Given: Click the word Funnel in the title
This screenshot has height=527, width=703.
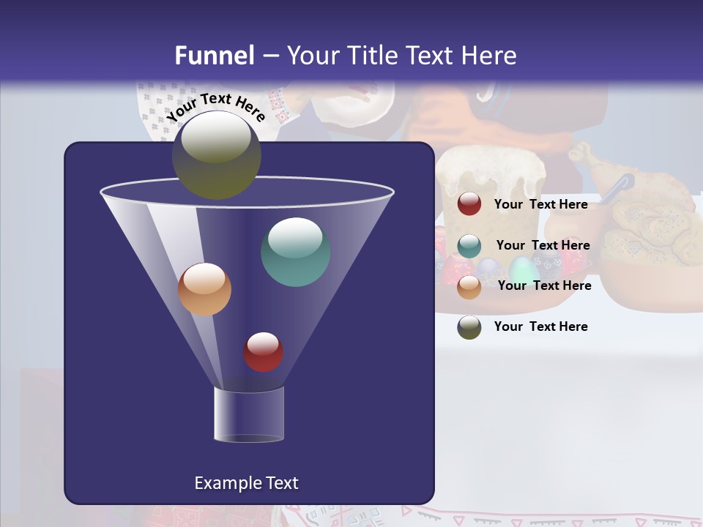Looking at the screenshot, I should [215, 56].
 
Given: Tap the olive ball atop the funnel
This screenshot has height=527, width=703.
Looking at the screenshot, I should [216, 154].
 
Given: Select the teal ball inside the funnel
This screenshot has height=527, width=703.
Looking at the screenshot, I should [295, 252].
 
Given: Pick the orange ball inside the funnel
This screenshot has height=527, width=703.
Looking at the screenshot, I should [204, 289].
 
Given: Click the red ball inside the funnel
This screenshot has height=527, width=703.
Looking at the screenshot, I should [263, 351].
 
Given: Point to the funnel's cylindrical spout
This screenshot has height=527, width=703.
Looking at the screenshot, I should [248, 414].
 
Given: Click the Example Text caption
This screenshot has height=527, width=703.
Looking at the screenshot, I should [246, 483].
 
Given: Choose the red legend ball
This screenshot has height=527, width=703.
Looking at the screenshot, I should [469, 204].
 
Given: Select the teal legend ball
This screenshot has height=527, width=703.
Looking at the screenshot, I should [469, 246].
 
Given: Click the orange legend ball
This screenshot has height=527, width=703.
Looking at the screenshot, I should [469, 287].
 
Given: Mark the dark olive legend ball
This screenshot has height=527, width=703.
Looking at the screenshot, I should [469, 327].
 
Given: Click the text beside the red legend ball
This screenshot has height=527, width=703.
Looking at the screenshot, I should [540, 204].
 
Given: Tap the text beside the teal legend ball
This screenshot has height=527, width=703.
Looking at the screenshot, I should [543, 245].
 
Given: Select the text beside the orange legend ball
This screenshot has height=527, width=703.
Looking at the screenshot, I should [544, 285].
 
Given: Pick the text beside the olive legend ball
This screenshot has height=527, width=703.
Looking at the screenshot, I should [540, 326].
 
